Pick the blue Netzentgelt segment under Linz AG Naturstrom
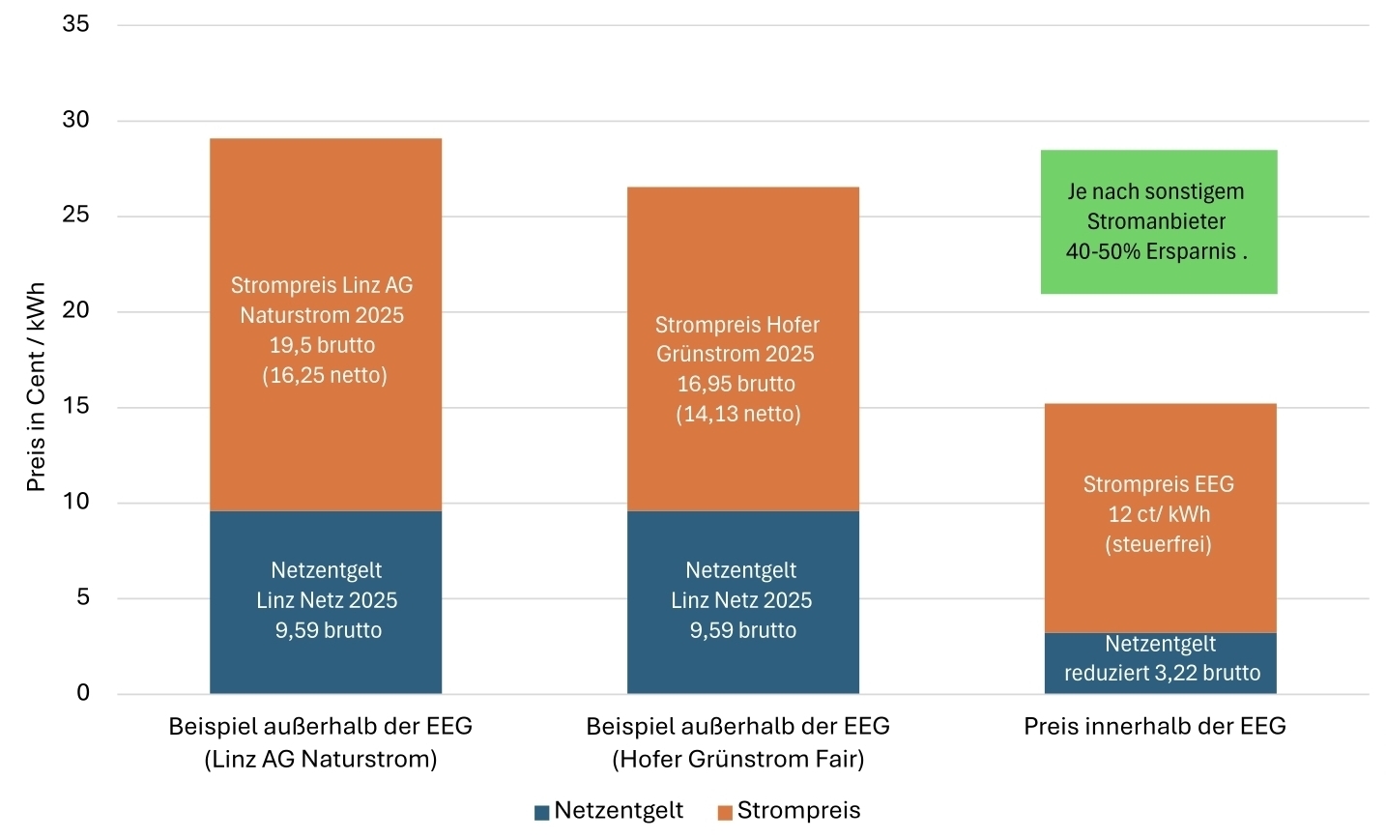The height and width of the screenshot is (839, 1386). tap(326, 667)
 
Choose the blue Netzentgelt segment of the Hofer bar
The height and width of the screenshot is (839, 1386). tap(742, 667)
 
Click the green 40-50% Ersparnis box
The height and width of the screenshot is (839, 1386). tap(1158, 221)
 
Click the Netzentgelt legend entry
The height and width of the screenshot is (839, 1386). tap(609, 811)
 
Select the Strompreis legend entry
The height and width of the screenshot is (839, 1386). tap(789, 811)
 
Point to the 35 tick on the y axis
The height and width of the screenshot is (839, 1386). tap(75, 24)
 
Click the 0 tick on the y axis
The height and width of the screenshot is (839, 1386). tap(83, 693)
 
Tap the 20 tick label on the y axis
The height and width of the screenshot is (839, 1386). tap(75, 310)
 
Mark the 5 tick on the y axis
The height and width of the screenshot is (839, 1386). tap(83, 597)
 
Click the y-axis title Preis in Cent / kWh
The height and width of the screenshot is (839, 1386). tap(36, 387)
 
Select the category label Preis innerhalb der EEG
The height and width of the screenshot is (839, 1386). tap(1155, 727)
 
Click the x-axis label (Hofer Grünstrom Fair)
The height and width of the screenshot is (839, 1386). tap(737, 760)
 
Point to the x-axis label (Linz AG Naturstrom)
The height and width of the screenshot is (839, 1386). tap(321, 760)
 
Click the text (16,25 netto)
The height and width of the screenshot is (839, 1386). tap(325, 375)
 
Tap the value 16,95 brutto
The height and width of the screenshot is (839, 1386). tap(736, 384)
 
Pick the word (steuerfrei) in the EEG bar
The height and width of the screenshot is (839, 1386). tap(1158, 544)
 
